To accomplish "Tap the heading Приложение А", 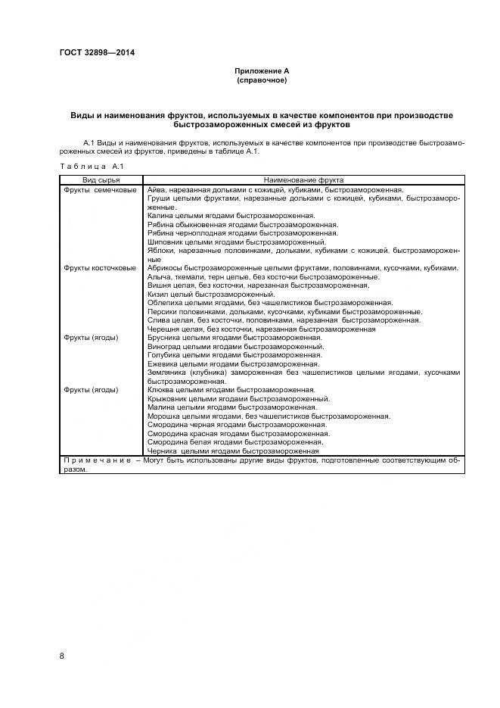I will (x=262, y=70).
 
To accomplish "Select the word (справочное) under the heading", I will (x=262, y=80).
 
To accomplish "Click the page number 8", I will (x=62, y=655).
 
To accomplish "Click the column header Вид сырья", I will (x=101, y=181).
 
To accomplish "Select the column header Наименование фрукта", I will (x=303, y=181).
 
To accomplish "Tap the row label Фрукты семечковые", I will (x=101, y=189).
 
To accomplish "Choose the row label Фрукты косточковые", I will (x=101, y=267).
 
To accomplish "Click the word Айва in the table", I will (x=155, y=189).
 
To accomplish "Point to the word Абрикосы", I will (x=166, y=267).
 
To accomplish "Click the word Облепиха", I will (x=165, y=303).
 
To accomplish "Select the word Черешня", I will (x=164, y=329).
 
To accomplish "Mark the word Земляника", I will (x=166, y=373).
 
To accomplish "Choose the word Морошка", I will (x=164, y=416).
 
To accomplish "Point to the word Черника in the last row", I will (x=162, y=451).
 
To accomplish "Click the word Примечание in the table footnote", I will (x=96, y=460).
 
